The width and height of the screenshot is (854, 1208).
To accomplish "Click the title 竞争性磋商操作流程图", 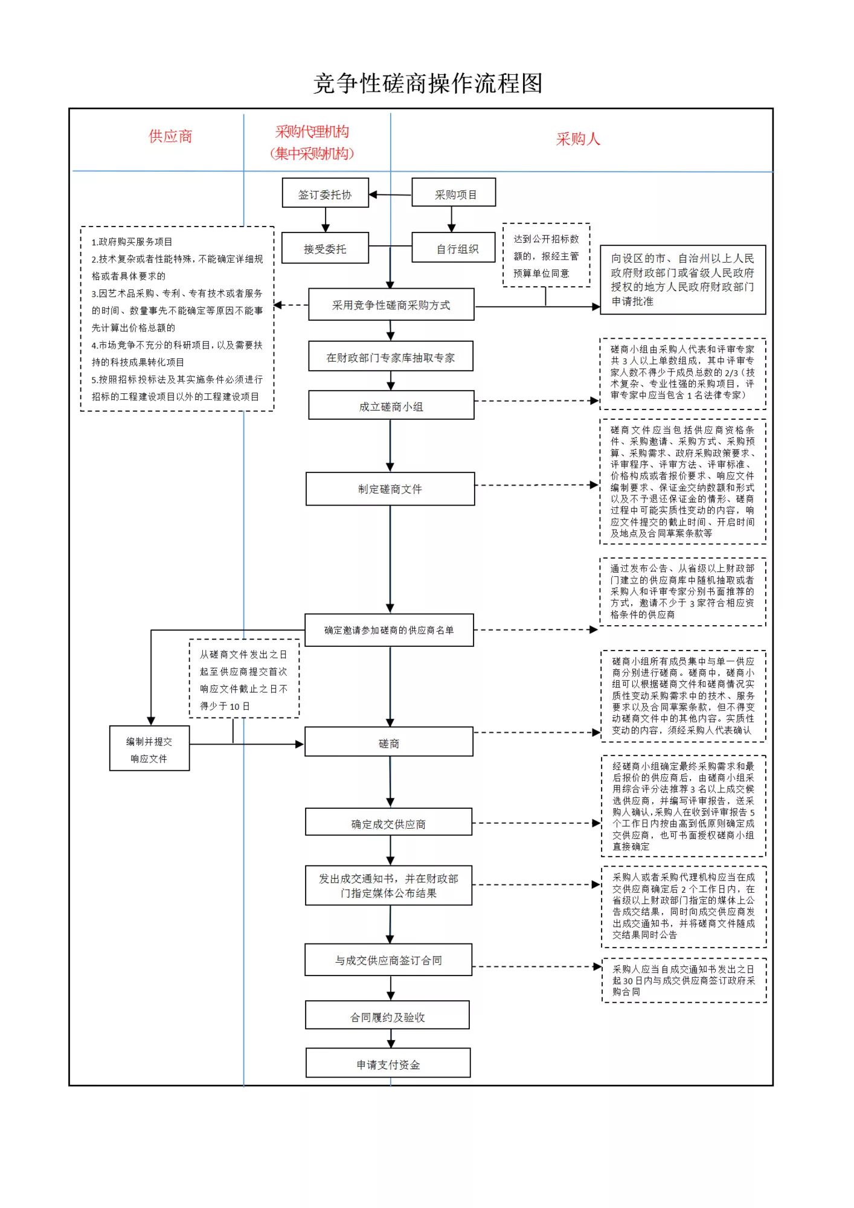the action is pyautogui.click(x=428, y=83).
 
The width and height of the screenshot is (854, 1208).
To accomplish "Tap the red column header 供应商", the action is pyautogui.click(x=171, y=137).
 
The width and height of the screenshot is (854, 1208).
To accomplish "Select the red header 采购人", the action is pyautogui.click(x=578, y=140).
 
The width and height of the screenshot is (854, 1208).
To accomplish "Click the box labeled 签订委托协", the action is pyautogui.click(x=326, y=193).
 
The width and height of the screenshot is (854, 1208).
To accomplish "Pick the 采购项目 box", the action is pyautogui.click(x=454, y=193).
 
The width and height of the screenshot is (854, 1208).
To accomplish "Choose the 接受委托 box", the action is pyautogui.click(x=326, y=248).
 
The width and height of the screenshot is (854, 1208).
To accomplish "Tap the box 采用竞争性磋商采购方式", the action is pyautogui.click(x=391, y=304).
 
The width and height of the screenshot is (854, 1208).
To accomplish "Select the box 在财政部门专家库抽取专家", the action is pyautogui.click(x=391, y=356).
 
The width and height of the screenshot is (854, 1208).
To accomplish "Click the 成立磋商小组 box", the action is pyautogui.click(x=391, y=405).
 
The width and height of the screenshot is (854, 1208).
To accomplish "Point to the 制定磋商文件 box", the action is pyautogui.click(x=390, y=489).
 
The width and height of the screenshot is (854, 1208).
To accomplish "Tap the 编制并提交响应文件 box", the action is pyautogui.click(x=150, y=748).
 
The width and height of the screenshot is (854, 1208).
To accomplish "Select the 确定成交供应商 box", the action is pyautogui.click(x=389, y=823).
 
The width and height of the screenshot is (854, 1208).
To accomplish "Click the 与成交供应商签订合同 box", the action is pyautogui.click(x=388, y=960).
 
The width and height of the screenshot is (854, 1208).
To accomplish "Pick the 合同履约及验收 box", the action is pyautogui.click(x=388, y=1015).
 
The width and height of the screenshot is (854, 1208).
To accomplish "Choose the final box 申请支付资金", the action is pyautogui.click(x=388, y=1063).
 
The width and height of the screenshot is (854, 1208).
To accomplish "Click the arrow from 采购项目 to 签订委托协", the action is pyautogui.click(x=390, y=194).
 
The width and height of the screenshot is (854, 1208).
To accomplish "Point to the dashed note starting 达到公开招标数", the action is pyautogui.click(x=547, y=255).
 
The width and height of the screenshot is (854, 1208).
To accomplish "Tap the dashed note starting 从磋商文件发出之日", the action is pyautogui.click(x=245, y=679).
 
